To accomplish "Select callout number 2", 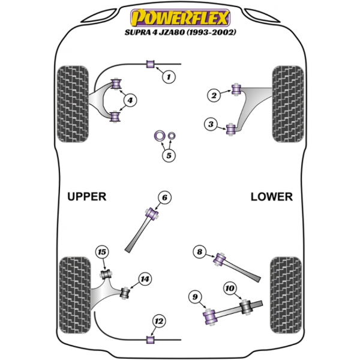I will click(x=212, y=94).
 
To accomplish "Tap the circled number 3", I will click(x=211, y=125).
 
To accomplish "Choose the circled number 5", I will click(x=169, y=157).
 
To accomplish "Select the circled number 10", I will click(x=229, y=289).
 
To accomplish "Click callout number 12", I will click(x=158, y=321).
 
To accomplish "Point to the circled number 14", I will click(x=144, y=278).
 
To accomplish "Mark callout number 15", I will click(x=101, y=253).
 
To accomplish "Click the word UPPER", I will click(x=86, y=197).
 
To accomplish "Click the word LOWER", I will click(x=271, y=197).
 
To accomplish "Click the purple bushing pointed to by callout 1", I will click(x=152, y=63).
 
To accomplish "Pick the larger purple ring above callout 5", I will click(x=161, y=136).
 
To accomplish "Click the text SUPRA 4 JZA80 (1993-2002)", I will click(x=180, y=32).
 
